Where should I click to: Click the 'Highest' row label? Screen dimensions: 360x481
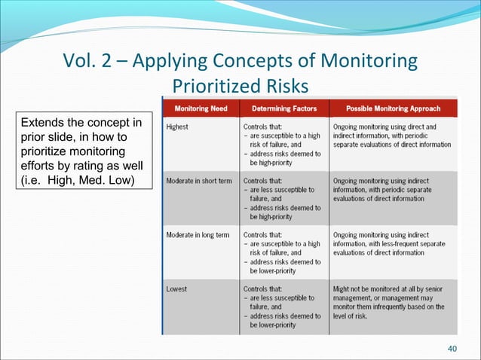coord(178,127)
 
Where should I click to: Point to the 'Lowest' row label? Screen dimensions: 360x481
coord(177,288)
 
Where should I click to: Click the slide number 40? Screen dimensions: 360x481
coord(452,347)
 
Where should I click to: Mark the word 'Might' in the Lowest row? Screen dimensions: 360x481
coord(342,288)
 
